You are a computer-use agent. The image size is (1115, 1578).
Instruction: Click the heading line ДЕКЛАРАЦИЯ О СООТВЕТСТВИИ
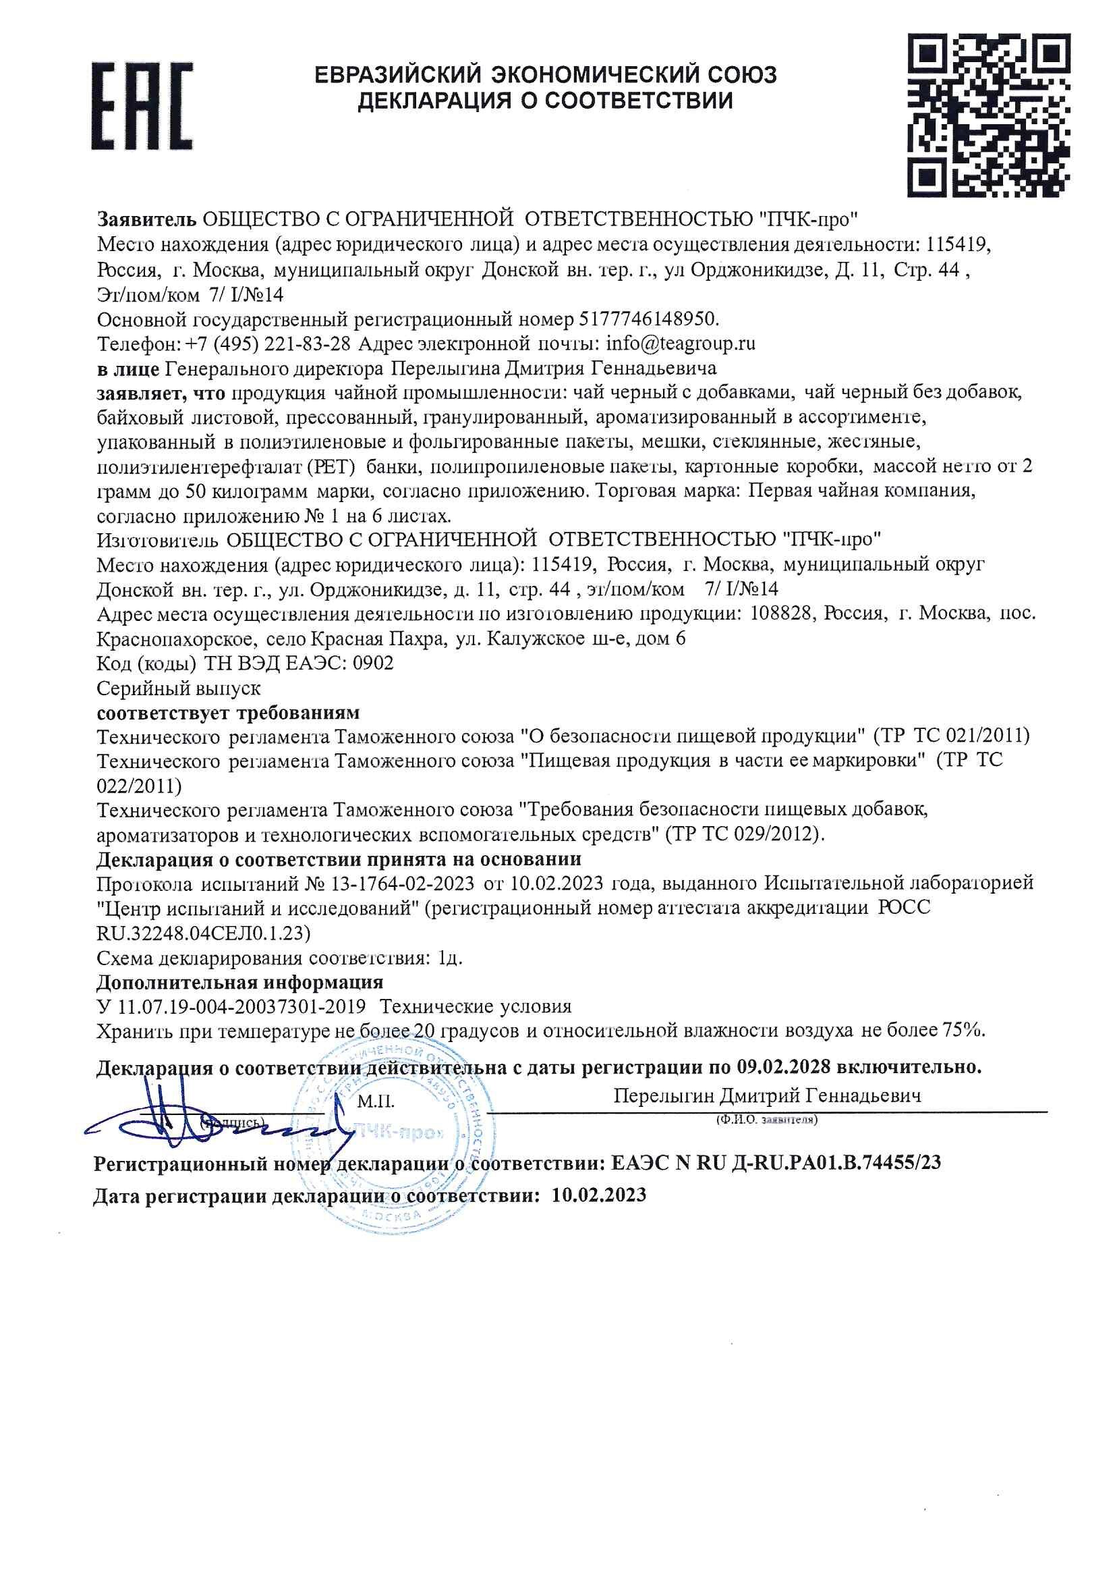[x=546, y=102]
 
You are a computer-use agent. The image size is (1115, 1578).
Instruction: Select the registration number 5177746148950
[x=649, y=320]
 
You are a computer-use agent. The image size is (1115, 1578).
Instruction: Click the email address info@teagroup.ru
[x=678, y=344]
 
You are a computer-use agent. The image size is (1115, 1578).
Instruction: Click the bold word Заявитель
[x=147, y=220]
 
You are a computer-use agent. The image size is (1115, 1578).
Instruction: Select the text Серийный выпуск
[x=179, y=688]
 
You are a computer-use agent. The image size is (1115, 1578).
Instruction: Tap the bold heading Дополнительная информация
[x=239, y=981]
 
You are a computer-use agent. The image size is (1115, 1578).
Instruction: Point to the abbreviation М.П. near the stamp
[x=376, y=1101]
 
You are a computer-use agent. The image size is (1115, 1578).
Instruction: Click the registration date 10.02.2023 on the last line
[x=598, y=1195]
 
